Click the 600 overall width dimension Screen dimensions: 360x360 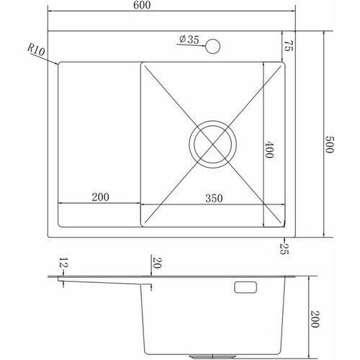tap(142, 5)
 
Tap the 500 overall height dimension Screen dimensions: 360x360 tap(329, 144)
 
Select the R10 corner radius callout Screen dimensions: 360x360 tap(36, 50)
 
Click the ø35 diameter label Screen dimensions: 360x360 tap(189, 40)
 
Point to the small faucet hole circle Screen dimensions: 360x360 tap(213, 46)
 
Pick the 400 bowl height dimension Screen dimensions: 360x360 tap(269, 150)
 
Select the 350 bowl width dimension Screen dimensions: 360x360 tap(214, 199)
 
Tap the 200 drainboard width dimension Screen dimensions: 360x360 tap(100, 197)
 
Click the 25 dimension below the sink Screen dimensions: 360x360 tap(284, 248)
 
